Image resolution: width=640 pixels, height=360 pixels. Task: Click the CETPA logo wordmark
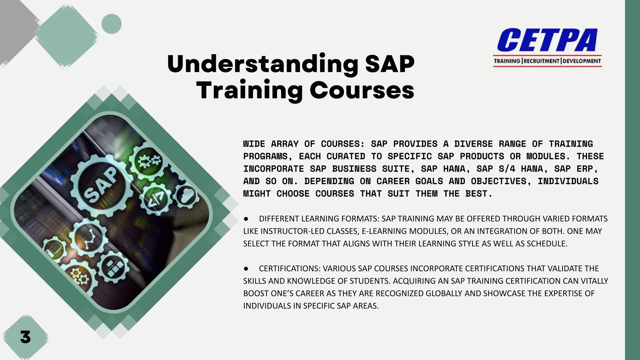(547, 40)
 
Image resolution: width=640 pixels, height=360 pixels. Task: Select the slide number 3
(25, 337)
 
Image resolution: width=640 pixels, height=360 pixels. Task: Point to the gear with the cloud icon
(187, 196)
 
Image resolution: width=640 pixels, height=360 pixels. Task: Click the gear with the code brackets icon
(155, 199)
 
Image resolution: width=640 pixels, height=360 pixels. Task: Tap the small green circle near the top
(112, 24)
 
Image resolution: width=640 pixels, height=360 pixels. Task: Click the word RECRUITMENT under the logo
(542, 61)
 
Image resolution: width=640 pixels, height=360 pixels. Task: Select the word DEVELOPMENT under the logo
(582, 61)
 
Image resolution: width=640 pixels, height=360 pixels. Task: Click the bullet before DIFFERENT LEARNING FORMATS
(246, 219)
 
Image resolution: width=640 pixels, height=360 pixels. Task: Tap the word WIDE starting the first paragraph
(254, 144)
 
